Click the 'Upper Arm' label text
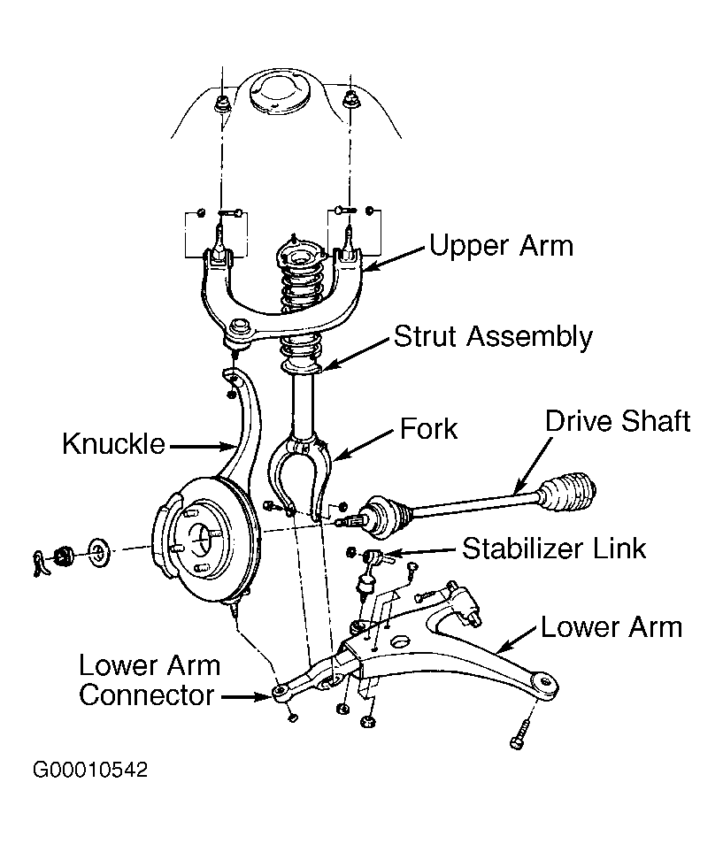click(x=501, y=246)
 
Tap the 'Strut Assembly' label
click(x=493, y=337)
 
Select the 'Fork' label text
click(x=428, y=430)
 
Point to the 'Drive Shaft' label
click(x=618, y=421)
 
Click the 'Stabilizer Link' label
click(x=554, y=549)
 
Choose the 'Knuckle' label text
click(x=113, y=443)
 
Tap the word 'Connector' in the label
click(x=146, y=694)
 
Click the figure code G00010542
click(x=90, y=770)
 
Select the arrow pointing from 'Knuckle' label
click(x=203, y=446)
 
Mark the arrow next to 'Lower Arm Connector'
click(x=245, y=696)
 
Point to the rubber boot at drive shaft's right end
click(x=568, y=491)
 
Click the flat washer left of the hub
click(x=99, y=552)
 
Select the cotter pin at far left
click(x=41, y=563)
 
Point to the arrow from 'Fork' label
click(x=363, y=445)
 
